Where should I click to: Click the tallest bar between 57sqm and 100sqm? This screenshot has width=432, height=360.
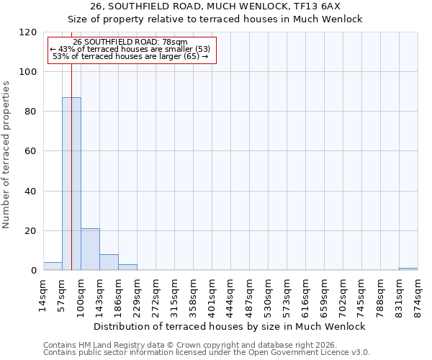point(71,184)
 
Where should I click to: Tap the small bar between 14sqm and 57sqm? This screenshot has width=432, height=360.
point(53,266)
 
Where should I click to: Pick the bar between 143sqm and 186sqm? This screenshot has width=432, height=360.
point(109,262)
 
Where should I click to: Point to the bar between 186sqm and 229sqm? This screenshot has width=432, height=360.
point(127,267)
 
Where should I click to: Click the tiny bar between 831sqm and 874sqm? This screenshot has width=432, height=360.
point(408,269)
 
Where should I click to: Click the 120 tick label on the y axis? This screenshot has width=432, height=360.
point(28,32)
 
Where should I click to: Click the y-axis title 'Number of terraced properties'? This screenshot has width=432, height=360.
point(6,155)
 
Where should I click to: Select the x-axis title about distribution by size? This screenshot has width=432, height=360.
point(230,326)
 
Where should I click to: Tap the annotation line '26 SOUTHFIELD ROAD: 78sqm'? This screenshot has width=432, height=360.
point(130,42)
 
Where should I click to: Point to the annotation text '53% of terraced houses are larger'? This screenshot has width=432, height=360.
point(130,56)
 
